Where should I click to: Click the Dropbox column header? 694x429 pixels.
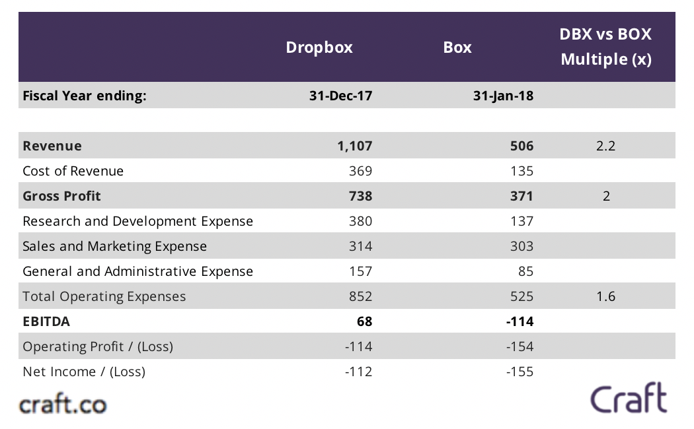319,48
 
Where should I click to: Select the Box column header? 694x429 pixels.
457,48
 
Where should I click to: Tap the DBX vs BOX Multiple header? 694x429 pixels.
605,47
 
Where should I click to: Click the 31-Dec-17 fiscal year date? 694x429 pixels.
340,96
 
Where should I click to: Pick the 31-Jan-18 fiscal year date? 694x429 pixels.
503,96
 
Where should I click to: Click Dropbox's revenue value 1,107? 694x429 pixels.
354,146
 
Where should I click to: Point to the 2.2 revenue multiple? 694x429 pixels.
605,146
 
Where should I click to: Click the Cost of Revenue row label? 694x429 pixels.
73,171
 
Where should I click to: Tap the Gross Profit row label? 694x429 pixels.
61,196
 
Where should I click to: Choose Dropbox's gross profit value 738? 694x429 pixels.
360,196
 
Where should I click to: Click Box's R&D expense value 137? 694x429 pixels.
521,221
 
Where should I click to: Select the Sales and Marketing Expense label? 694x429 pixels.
114,246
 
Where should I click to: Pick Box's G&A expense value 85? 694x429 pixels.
525,271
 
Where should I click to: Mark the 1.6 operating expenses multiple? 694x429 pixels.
605,296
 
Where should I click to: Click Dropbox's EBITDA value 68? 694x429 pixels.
364,321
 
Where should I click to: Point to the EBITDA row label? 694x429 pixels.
46,321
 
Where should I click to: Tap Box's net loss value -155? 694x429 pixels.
520,372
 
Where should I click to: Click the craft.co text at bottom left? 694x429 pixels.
63,403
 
